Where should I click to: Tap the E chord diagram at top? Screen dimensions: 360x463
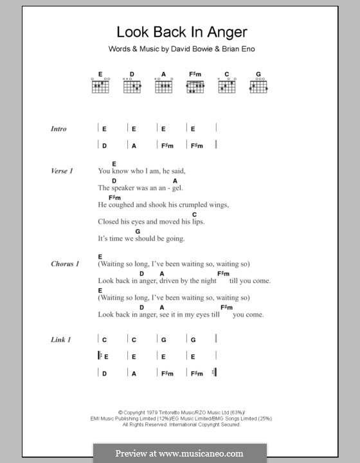pos(100,84)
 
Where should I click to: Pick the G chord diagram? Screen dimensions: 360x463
pos(258,84)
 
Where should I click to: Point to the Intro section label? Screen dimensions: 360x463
pos(59,129)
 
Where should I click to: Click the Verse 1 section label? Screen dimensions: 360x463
pos(62,171)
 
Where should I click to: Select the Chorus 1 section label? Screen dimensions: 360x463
pos(65,264)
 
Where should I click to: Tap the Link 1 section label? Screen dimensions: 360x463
pos(60,339)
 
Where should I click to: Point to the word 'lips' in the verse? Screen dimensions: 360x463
pos(201,222)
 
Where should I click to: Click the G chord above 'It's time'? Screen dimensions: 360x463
pos(138,230)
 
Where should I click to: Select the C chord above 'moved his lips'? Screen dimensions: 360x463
pos(194,214)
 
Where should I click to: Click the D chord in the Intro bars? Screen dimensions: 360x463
pos(104,146)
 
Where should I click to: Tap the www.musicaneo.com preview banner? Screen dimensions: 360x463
pos(179,453)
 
